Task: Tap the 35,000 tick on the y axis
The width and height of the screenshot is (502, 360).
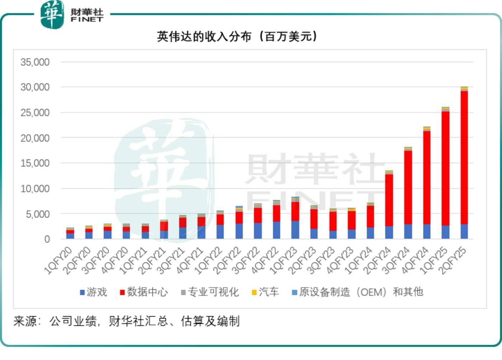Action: [x=35, y=62]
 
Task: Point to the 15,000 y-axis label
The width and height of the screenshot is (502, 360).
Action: [x=35, y=163]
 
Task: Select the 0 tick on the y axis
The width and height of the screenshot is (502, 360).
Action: [x=47, y=239]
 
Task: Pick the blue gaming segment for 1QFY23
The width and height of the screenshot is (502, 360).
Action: [x=295, y=230]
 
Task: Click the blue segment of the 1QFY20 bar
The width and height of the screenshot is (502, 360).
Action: [x=70, y=236]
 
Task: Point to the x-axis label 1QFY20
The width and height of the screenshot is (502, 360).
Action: [x=58, y=261]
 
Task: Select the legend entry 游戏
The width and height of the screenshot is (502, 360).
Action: [x=93, y=292]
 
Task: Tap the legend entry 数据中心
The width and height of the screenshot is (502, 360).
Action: [x=144, y=292]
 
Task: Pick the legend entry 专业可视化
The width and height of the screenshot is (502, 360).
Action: [x=210, y=292]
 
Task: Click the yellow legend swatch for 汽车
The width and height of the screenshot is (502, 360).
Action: [x=254, y=293]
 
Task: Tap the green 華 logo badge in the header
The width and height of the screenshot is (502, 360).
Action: [x=52, y=14]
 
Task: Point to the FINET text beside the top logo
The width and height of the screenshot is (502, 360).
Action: [x=87, y=19]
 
